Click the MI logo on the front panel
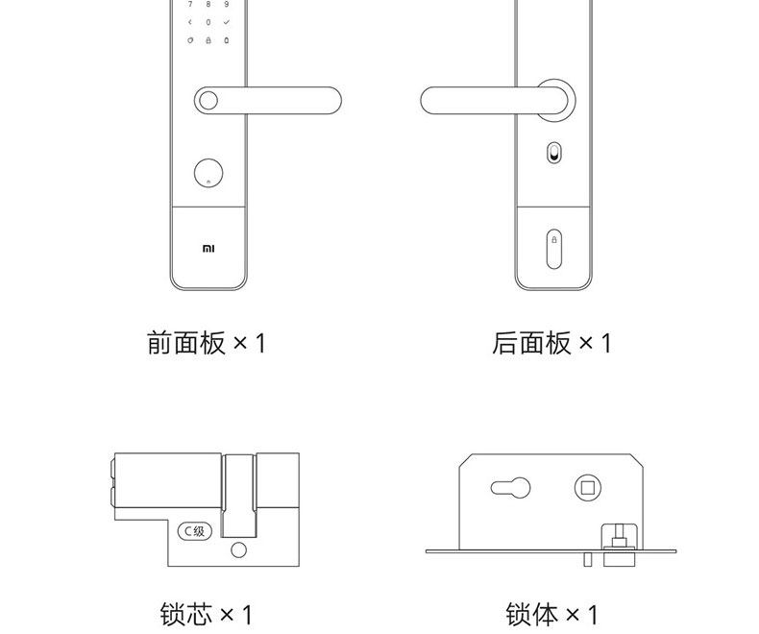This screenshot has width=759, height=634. [x=208, y=248]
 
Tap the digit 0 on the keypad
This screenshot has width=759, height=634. [x=208, y=21]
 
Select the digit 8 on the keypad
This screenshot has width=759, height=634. [x=208, y=4]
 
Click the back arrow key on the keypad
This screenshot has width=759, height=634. [x=189, y=21]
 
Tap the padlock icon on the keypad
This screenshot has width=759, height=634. [x=208, y=40]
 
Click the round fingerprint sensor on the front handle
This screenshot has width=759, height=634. [x=208, y=99]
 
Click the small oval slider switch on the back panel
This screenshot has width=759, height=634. [x=552, y=153]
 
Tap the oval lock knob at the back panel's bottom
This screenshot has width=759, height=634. [x=552, y=248]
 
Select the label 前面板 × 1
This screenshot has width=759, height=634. [x=206, y=343]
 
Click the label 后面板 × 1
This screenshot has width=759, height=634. [x=551, y=343]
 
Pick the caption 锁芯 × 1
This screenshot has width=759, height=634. [x=206, y=614]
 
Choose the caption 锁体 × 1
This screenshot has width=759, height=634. [x=551, y=614]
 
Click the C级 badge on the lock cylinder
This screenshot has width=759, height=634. [x=194, y=530]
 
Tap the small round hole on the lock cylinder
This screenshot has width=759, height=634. [x=239, y=550]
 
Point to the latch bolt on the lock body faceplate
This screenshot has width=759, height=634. [x=619, y=538]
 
